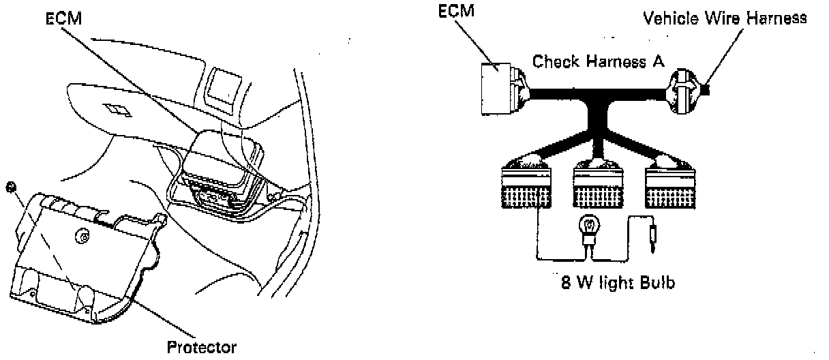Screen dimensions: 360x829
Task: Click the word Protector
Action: [x=202, y=347]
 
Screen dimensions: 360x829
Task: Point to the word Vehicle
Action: [x=669, y=18]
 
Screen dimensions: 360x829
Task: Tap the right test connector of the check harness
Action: [x=671, y=183]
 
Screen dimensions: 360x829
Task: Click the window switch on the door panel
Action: [x=114, y=108]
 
